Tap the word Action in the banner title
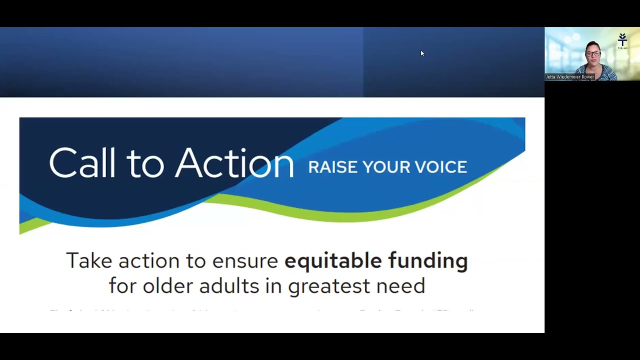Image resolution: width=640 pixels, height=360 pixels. coord(234,162)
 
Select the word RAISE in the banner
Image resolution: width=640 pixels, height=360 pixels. coord(332,167)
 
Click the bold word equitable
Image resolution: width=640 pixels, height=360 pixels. coord(333,260)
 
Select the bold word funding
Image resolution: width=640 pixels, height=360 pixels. coord(428,260)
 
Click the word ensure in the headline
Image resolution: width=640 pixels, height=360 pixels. coord(245,260)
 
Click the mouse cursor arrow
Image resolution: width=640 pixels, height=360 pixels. coord(422,53)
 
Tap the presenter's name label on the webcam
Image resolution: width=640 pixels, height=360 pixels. coord(570,77)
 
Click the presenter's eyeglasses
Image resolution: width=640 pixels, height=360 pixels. coord(592,53)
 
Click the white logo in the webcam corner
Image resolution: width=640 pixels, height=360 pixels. coord(622,40)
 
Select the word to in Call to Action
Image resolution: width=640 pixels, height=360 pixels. coord(144,162)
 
